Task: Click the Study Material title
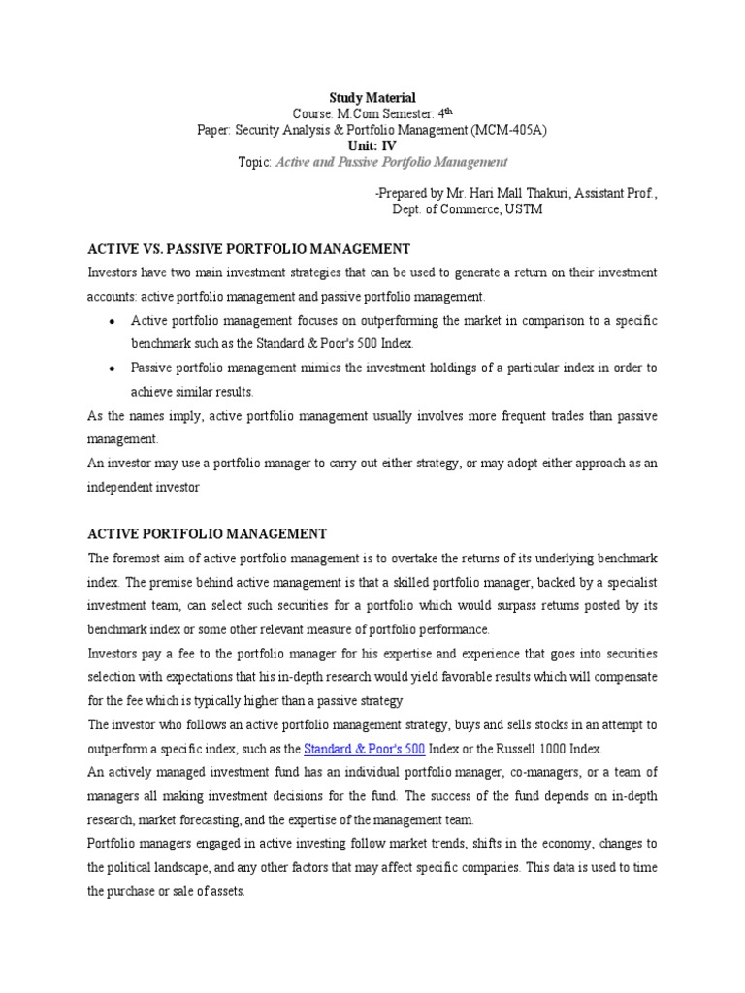pyautogui.click(x=372, y=97)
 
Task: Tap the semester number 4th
pyautogui.click(x=445, y=112)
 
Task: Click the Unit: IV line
pyautogui.click(x=372, y=144)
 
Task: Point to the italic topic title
pyautogui.click(x=392, y=161)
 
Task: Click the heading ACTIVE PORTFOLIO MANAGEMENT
pyautogui.click(x=208, y=534)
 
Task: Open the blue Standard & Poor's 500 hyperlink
pyautogui.click(x=364, y=749)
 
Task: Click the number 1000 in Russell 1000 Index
pyautogui.click(x=550, y=749)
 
